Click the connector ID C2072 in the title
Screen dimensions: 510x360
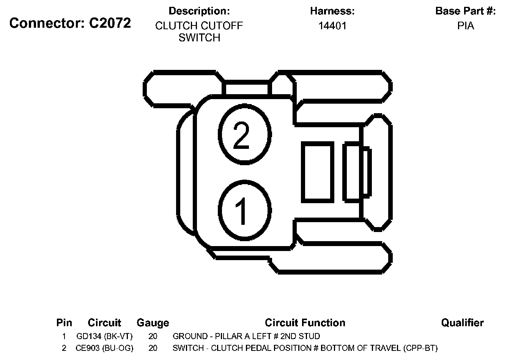click(x=110, y=23)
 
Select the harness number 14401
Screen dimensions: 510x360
click(x=332, y=26)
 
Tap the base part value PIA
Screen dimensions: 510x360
click(x=465, y=26)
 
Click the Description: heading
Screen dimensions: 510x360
click(x=199, y=11)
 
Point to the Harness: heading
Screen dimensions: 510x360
click(x=332, y=11)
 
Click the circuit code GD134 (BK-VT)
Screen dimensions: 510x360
click(x=104, y=336)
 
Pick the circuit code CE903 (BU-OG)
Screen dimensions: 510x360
click(x=104, y=348)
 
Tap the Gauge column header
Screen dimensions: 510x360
click(x=153, y=323)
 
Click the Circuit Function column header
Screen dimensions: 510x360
click(x=305, y=323)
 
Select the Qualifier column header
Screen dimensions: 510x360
click(x=462, y=323)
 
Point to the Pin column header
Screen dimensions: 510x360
click(x=64, y=323)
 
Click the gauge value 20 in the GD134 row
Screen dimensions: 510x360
click(x=153, y=336)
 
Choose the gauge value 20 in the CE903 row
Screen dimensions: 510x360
click(x=153, y=348)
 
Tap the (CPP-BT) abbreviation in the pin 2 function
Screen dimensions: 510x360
click(x=420, y=348)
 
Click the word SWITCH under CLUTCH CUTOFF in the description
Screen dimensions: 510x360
click(x=199, y=38)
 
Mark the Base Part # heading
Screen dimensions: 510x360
click(x=465, y=11)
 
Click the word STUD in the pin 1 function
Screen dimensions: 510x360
click(x=310, y=336)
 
